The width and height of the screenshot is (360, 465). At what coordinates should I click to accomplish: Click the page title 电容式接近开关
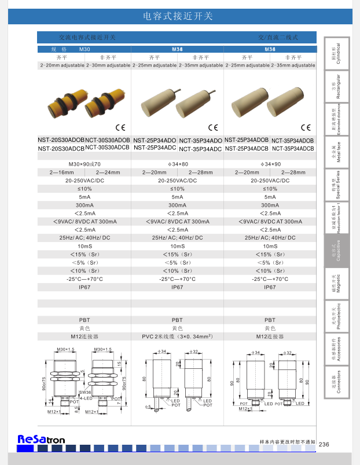[177, 16]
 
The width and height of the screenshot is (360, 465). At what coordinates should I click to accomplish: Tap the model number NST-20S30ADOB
[61, 140]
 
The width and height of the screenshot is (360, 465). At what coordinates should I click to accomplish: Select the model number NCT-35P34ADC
[200, 149]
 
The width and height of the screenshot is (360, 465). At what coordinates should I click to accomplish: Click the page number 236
[324, 444]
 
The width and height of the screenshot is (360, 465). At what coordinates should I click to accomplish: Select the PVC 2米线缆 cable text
[177, 336]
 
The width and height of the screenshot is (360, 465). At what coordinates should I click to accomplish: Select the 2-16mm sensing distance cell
[62, 173]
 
